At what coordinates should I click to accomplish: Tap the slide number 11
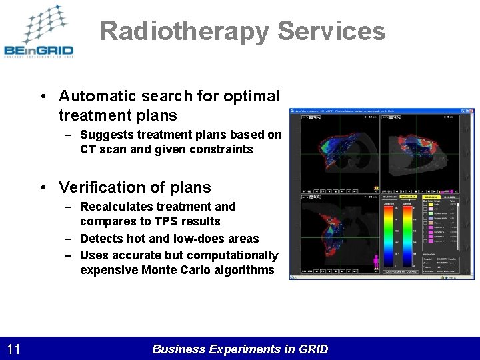[x=14, y=349]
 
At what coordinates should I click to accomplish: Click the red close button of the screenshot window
[x=471, y=111]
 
